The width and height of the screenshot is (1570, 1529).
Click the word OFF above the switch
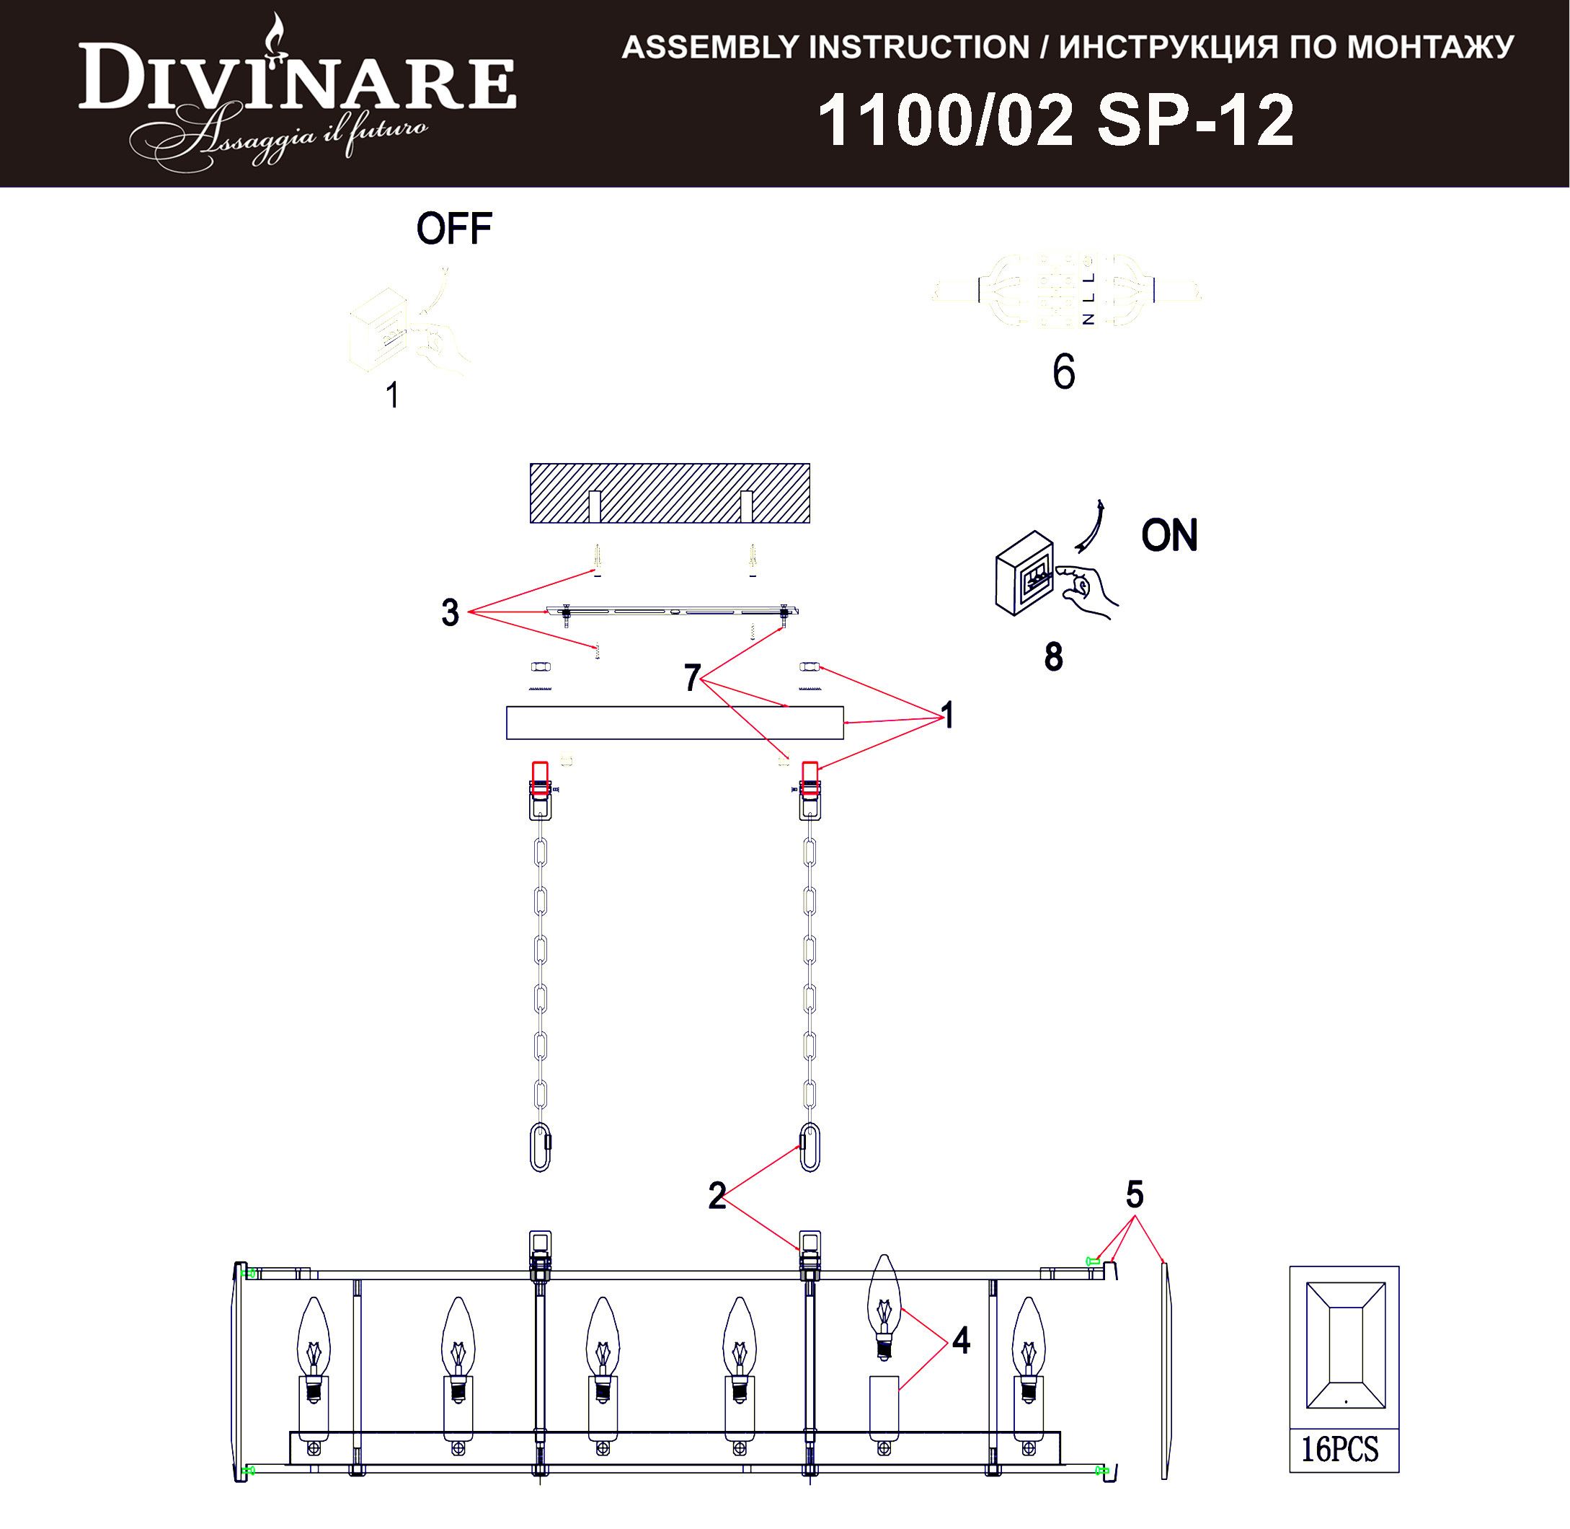point(453,229)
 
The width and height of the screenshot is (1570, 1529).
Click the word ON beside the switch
point(1168,536)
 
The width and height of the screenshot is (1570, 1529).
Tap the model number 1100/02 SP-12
point(1055,120)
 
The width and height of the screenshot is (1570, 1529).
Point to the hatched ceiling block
point(670,493)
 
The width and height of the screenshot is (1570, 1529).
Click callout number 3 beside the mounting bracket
point(450,613)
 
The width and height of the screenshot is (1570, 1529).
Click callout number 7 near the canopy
point(692,678)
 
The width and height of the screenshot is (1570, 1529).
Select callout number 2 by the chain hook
point(717,1197)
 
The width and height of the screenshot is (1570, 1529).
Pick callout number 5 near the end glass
point(1133,1194)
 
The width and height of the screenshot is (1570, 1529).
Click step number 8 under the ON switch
point(1053,657)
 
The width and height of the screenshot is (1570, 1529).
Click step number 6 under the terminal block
point(1063,372)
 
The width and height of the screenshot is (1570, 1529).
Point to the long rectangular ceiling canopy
point(674,722)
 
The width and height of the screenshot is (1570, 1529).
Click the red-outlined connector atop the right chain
point(810,777)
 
